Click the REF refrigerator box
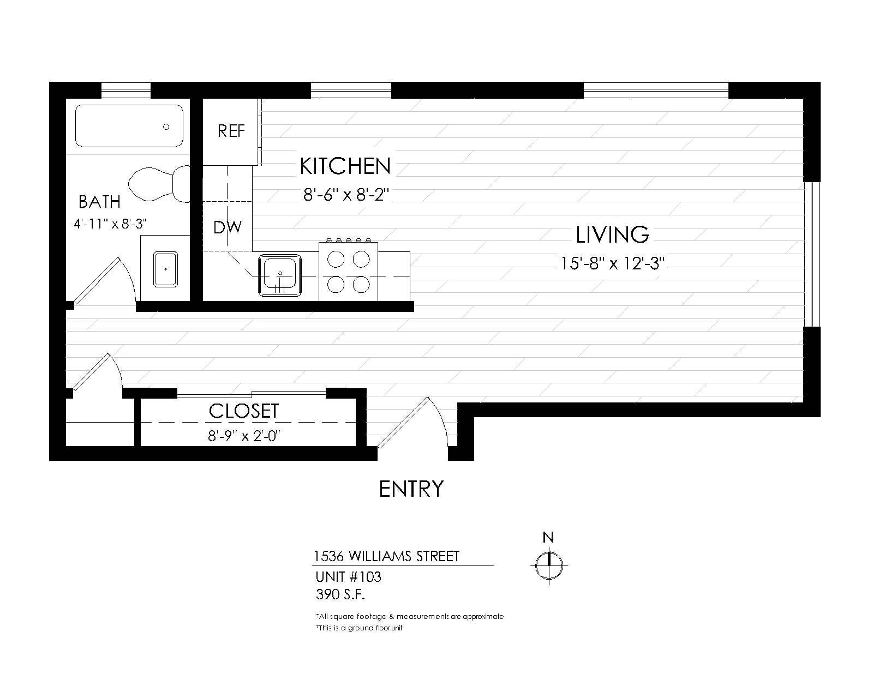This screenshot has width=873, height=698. point(230,131)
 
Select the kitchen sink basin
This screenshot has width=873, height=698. point(279,275)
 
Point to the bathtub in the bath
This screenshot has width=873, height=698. point(129,126)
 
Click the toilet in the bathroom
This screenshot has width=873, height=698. point(158,182)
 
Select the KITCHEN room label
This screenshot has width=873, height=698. point(345,166)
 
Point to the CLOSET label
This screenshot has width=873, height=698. point(244,411)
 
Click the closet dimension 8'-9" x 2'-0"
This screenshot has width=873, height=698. point(244,436)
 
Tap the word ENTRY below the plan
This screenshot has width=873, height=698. point(411,489)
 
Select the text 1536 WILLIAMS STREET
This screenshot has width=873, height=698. point(386,556)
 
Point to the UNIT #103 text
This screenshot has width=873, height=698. point(348,576)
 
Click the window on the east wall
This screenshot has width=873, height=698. point(812,254)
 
